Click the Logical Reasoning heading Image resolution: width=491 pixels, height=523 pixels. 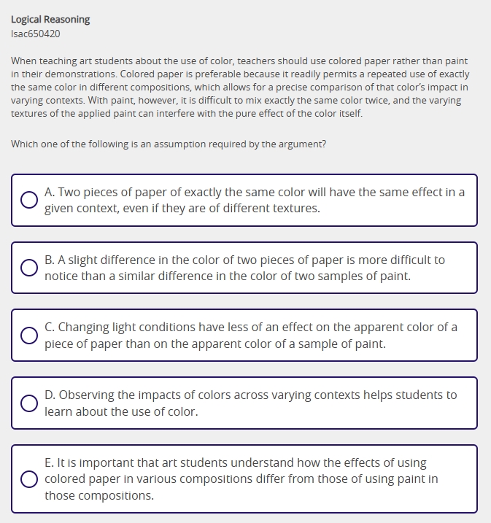[x=50, y=20]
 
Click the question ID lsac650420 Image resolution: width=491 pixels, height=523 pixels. [x=36, y=34]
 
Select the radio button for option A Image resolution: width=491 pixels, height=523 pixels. [x=29, y=200]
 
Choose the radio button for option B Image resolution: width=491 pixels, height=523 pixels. [x=29, y=268]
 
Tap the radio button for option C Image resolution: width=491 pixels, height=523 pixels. [x=29, y=336]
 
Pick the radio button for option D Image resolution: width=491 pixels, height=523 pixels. [x=29, y=403]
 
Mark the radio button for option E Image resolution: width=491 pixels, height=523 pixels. [x=29, y=479]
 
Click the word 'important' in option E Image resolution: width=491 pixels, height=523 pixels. [x=101, y=462]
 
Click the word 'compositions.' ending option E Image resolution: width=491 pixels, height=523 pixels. [x=99, y=495]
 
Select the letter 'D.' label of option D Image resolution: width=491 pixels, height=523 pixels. [x=50, y=395]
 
